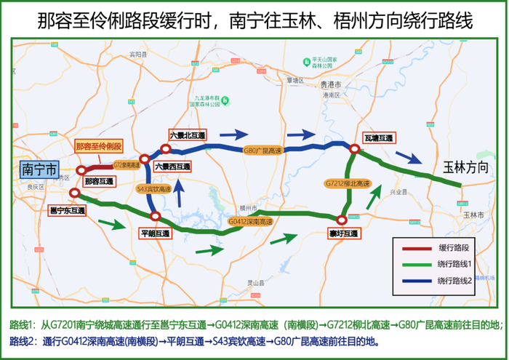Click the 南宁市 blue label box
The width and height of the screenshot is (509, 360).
click(39, 169)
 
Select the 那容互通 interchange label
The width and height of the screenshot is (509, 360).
click(99, 181)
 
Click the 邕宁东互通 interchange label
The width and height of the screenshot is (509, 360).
click(67, 211)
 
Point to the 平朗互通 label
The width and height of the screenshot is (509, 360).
click(154, 233)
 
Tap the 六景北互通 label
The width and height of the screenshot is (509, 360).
click(188, 135)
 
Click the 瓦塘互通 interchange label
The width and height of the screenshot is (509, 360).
click(378, 138)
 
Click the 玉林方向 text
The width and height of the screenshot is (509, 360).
click(465, 168)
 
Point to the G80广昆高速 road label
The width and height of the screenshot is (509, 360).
click(260, 151)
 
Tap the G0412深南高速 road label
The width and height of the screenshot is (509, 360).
click(250, 221)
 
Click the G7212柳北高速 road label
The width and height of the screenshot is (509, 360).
click(347, 183)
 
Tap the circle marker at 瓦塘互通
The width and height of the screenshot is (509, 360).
click(354, 151)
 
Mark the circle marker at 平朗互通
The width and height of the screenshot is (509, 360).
click(154, 216)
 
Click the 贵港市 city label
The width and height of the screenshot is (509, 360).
click(331, 85)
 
